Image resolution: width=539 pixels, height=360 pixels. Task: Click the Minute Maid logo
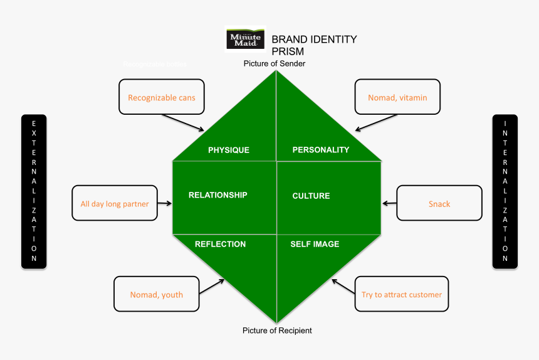(245, 39)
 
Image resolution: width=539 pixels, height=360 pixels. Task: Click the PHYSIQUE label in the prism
(229, 150)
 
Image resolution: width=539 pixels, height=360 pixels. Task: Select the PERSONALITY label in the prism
(321, 150)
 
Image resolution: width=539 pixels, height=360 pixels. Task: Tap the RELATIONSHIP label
(217, 195)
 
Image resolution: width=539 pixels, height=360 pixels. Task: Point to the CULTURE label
(311, 196)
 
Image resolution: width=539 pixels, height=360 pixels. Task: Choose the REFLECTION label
(220, 244)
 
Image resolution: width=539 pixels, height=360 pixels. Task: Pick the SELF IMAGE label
(315, 244)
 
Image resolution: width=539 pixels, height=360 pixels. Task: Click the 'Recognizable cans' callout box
(161, 97)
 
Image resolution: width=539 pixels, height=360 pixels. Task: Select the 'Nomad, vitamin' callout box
(397, 97)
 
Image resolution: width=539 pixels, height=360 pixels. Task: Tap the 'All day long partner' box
(115, 203)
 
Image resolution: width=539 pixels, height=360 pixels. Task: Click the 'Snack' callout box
(439, 203)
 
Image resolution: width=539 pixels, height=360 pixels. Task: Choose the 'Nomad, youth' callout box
(156, 294)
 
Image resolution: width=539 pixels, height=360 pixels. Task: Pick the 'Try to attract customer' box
(402, 294)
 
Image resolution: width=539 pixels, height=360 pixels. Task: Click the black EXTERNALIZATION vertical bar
(34, 191)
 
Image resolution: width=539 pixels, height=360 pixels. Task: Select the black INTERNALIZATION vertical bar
(505, 191)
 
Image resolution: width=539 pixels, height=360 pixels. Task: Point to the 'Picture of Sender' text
(275, 63)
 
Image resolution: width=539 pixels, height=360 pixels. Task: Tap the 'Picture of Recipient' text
(277, 330)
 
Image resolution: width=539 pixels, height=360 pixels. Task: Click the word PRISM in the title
(288, 51)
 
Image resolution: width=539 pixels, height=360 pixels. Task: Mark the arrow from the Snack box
(389, 203)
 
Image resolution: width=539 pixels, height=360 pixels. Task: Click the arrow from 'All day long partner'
(165, 203)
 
